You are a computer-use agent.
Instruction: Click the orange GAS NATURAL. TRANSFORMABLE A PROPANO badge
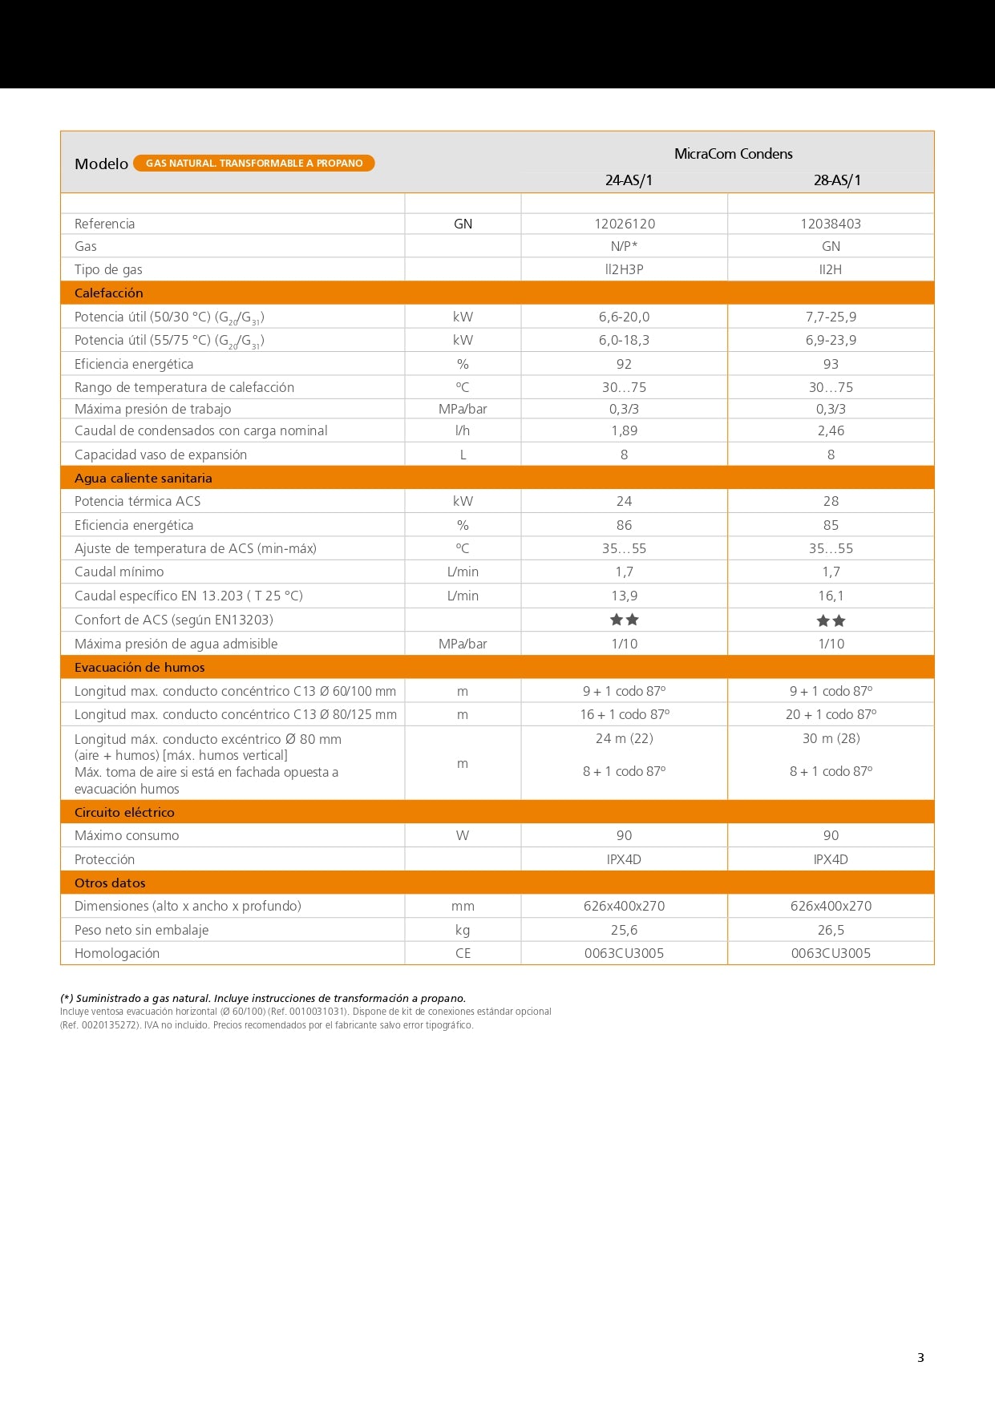coord(253,164)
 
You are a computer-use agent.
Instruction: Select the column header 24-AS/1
coord(629,180)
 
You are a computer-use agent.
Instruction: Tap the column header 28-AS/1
coord(837,180)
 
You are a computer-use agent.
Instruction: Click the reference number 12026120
coord(625,224)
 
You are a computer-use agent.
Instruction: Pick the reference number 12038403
coord(831,224)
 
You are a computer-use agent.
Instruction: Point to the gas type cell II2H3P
coord(624,269)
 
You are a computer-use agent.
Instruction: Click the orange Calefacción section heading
coord(109,293)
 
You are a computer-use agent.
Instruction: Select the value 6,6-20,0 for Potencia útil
coord(624,317)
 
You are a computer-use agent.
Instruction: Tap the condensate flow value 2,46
coord(831,430)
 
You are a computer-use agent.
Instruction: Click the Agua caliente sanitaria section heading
coord(144,478)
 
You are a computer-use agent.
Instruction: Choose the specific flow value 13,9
coord(624,596)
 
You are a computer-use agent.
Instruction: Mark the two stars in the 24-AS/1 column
coord(624,620)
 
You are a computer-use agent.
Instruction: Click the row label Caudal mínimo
coord(119,572)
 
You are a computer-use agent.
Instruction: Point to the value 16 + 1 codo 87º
coord(625,714)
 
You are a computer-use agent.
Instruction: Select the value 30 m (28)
coord(831,738)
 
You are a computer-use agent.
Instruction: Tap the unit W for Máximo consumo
coord(463,835)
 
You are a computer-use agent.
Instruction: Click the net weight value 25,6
coord(624,930)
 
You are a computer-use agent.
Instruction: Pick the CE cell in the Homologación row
coord(463,953)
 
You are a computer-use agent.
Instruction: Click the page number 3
coord(920,1357)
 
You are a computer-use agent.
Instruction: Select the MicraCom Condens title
coord(733,154)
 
